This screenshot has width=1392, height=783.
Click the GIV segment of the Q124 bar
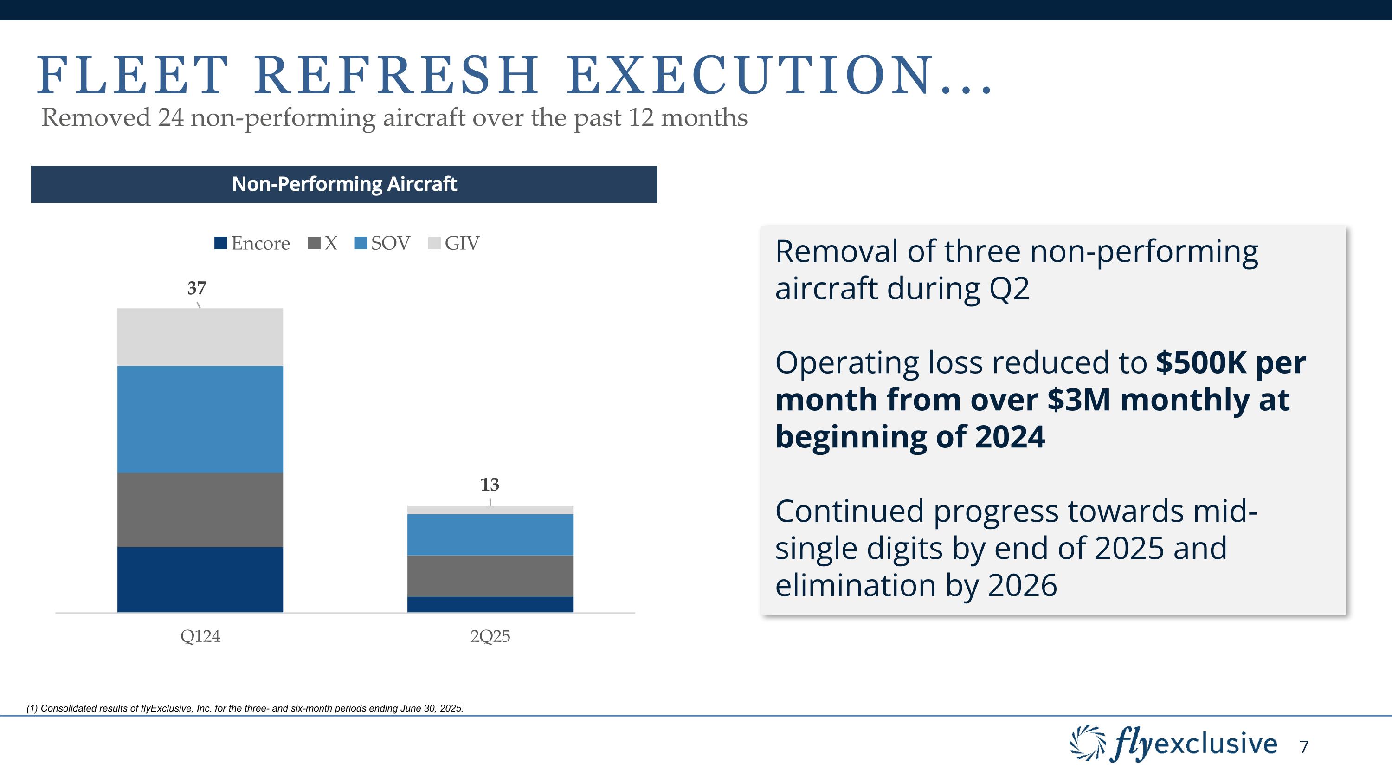click(200, 337)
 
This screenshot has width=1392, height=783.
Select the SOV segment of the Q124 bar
click(200, 419)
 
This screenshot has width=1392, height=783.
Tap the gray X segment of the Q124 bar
click(200, 510)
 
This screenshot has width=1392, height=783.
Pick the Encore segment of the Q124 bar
click(200, 579)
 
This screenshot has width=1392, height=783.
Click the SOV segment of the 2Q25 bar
click(490, 534)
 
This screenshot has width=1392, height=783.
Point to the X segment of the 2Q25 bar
click(490, 576)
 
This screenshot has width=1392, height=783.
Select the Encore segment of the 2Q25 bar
click(490, 604)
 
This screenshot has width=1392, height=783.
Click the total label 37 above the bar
click(197, 288)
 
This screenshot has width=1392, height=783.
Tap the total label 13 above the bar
click(490, 484)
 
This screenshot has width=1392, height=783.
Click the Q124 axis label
click(200, 636)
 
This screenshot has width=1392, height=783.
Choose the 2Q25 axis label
click(490, 636)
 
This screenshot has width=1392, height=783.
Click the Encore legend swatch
click(220, 243)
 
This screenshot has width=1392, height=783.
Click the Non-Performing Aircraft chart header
click(344, 184)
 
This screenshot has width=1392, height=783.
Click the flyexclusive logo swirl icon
click(1087, 743)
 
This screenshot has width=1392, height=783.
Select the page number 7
click(1303, 747)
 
